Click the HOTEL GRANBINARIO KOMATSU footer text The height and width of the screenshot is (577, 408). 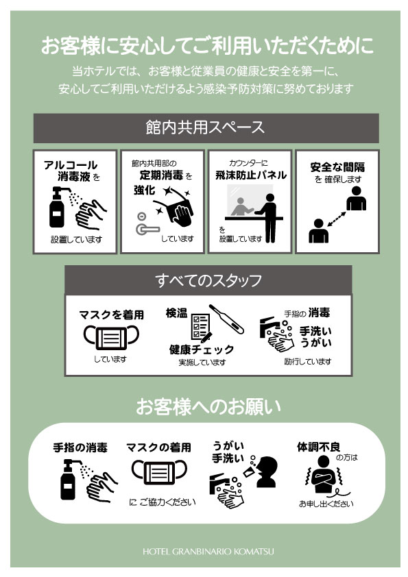[x=208, y=551]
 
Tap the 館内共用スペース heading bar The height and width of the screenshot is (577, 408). [x=206, y=127]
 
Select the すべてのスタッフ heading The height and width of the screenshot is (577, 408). [x=208, y=280]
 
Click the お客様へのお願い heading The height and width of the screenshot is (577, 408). [x=208, y=407]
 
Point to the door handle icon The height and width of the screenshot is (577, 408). [x=146, y=225]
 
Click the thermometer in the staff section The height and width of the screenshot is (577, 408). [x=226, y=319]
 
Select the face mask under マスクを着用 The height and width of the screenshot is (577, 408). [x=111, y=337]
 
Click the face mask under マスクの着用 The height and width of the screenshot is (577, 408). [x=159, y=472]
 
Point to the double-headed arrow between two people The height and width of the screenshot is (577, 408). [x=336, y=219]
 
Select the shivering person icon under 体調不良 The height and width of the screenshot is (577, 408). [x=323, y=476]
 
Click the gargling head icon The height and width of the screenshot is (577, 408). [x=266, y=471]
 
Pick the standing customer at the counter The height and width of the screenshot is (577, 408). [x=268, y=218]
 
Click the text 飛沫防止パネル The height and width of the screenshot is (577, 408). [x=251, y=175]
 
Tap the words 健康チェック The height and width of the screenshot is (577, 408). [x=202, y=349]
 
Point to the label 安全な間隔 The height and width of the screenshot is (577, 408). [x=337, y=167]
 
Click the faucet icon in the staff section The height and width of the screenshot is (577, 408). [x=267, y=326]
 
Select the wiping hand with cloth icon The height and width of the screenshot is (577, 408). [x=177, y=210]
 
